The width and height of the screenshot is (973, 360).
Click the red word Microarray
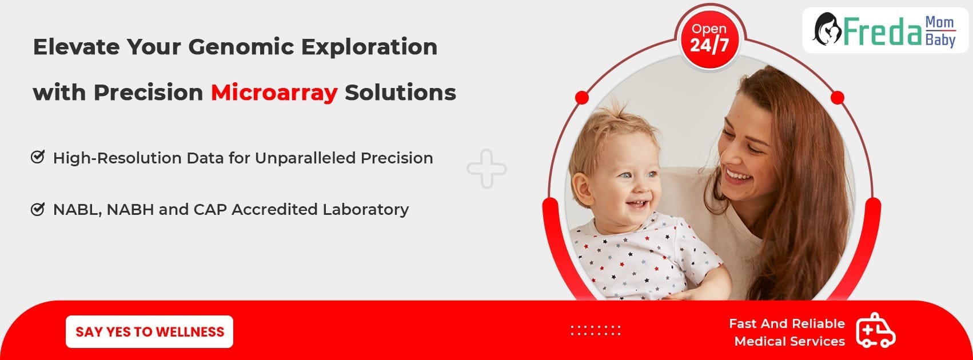point(274,93)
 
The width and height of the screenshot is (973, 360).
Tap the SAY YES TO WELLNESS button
point(149,332)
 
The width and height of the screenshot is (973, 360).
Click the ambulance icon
point(876,330)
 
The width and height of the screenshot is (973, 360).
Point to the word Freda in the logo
point(883,31)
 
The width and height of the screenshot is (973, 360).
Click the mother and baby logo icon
point(827,29)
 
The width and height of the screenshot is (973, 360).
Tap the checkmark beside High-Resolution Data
point(38,157)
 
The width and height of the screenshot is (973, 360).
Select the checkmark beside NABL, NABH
point(38,209)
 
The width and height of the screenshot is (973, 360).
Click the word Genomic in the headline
point(241,47)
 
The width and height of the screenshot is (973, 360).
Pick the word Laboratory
point(365,210)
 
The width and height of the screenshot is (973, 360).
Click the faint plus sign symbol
point(486,169)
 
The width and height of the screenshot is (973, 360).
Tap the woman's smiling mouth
point(738,175)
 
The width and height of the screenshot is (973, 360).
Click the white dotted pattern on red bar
point(596,330)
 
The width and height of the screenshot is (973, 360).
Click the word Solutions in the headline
point(401,93)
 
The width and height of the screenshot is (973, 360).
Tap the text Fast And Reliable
point(787,323)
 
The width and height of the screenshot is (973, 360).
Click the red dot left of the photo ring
point(581,98)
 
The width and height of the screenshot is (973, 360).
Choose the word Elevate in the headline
point(77,47)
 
